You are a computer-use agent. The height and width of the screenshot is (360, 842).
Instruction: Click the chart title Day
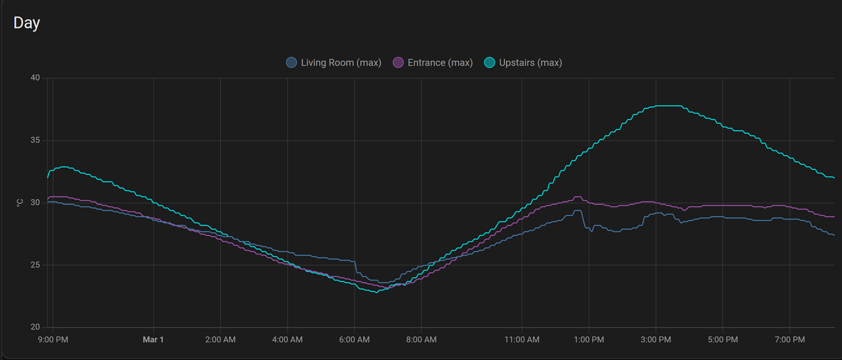(x=27, y=23)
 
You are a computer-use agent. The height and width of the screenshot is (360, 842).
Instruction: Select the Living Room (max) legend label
(x=340, y=62)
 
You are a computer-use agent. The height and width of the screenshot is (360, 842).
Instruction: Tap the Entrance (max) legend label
(x=439, y=62)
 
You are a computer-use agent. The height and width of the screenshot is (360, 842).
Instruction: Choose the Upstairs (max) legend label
(x=530, y=62)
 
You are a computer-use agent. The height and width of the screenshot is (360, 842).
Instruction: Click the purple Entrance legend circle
(x=398, y=62)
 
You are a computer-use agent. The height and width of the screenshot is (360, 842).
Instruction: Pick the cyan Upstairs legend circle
(x=489, y=62)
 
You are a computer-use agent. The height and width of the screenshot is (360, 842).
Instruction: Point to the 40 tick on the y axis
(x=35, y=77)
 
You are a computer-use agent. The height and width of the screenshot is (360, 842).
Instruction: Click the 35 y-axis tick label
(x=35, y=140)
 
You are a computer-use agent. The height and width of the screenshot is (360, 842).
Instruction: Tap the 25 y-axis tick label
(x=35, y=265)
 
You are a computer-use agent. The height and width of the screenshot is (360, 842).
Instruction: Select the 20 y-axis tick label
(x=35, y=327)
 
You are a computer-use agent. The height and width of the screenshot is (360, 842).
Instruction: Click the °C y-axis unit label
(x=20, y=203)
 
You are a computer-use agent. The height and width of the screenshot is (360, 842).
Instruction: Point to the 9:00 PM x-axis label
(x=53, y=339)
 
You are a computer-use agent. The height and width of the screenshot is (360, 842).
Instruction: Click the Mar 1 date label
(x=153, y=339)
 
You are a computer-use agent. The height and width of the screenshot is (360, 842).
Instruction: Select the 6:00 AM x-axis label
(x=354, y=339)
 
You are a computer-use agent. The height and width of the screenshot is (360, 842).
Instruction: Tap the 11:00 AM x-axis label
(x=522, y=339)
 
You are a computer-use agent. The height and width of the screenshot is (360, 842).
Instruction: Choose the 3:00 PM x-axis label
(x=656, y=339)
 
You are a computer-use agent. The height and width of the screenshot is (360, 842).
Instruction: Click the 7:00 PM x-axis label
(x=790, y=339)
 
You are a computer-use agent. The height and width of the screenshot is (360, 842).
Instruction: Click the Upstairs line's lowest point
(x=376, y=292)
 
